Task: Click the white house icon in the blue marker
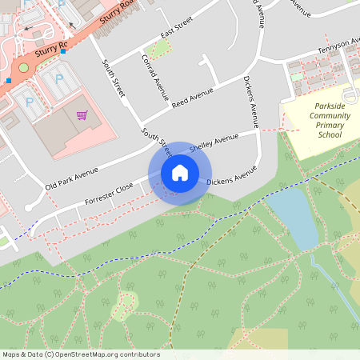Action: pos(180,173)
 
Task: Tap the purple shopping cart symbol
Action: pos(82,115)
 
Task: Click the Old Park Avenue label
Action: pos(72,173)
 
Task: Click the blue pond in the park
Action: pos(292,216)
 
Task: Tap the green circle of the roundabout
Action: pos(23,67)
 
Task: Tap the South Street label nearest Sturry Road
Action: pos(114,78)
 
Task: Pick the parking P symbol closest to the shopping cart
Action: pos(58,79)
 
